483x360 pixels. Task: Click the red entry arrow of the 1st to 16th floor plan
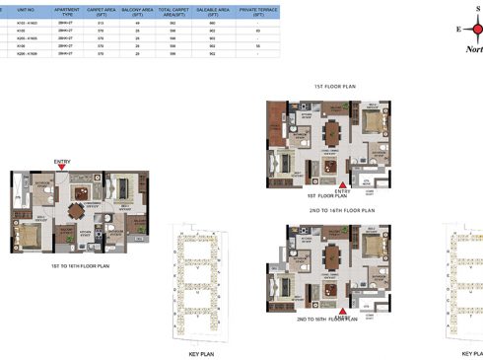(x=62, y=168)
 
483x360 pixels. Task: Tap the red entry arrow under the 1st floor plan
(x=341, y=182)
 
